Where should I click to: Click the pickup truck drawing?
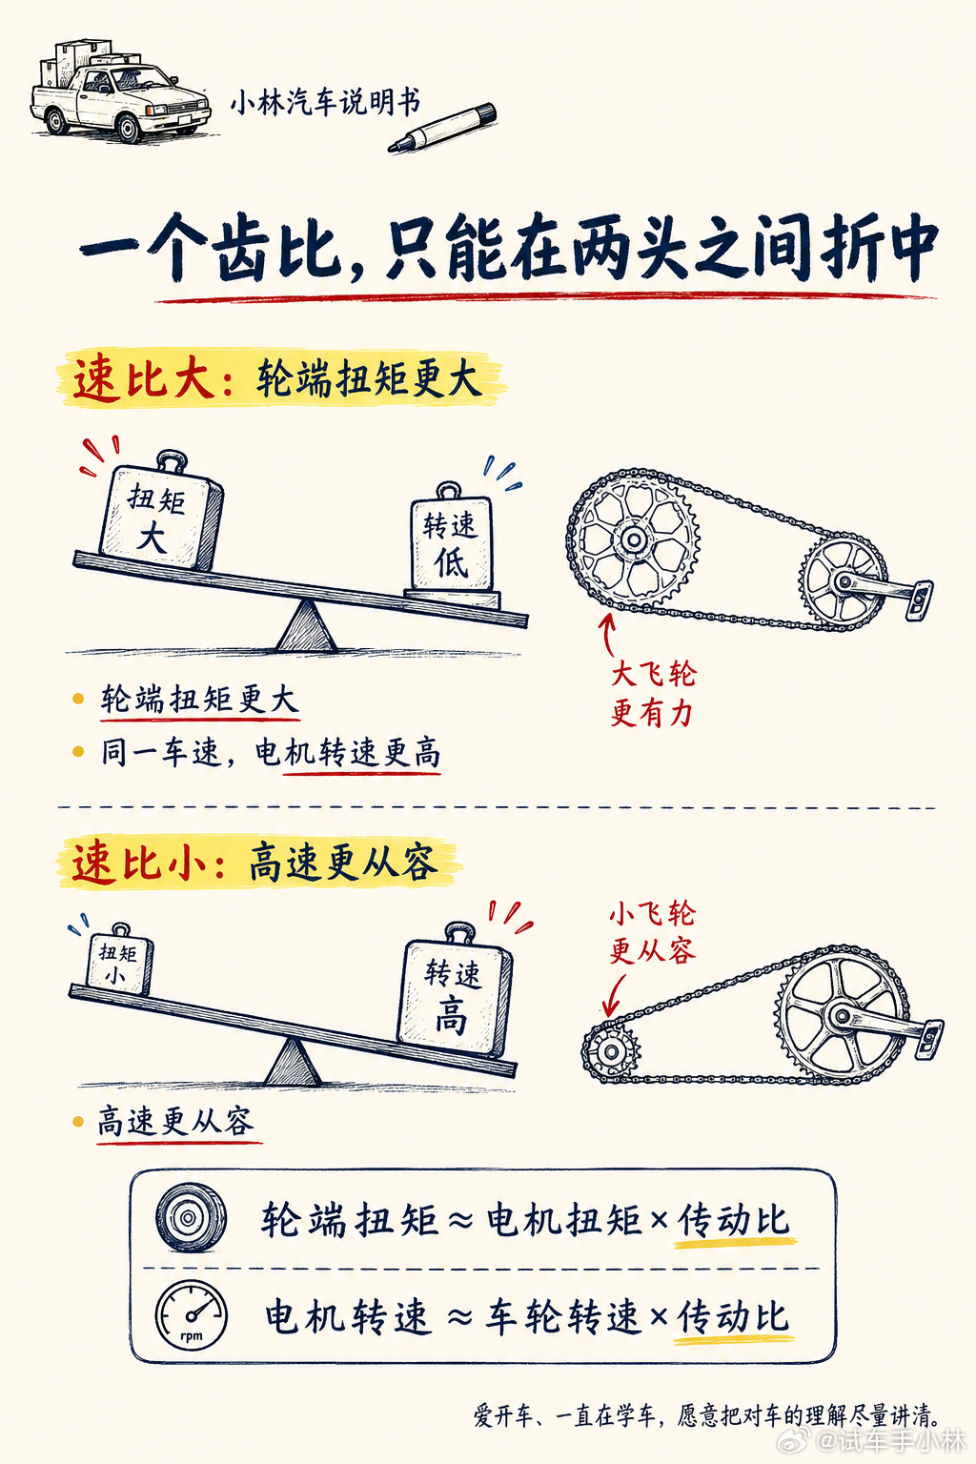coord(121,91)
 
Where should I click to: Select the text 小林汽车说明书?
coord(325,103)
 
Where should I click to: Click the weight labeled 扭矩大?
coord(160,511)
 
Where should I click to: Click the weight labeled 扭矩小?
coord(118,958)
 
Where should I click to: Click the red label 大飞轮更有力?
coord(652,694)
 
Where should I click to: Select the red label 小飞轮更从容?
coord(652,932)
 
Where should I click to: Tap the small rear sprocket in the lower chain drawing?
coord(611,1051)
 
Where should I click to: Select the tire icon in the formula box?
coord(191,1217)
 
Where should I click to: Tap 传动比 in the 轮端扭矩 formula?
coord(734,1220)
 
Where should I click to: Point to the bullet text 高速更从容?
coord(175,1122)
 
